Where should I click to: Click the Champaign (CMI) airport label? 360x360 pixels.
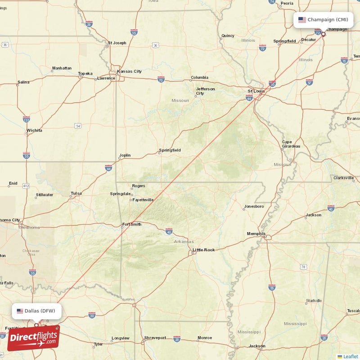328,20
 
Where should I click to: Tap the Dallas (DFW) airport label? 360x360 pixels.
40,311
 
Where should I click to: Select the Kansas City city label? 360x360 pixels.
129,71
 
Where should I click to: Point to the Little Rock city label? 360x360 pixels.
203,250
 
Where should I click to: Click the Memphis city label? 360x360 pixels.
256,234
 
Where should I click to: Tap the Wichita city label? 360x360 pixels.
34,130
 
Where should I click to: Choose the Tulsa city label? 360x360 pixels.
76,193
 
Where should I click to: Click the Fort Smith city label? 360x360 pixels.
131,224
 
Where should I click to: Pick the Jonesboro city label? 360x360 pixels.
254,207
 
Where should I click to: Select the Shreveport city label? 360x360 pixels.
155,337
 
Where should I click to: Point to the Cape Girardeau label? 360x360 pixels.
291,144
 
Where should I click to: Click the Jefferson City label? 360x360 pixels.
205,91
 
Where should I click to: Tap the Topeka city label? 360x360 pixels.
85,73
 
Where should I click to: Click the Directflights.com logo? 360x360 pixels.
33,337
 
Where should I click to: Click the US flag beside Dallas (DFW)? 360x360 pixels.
20,311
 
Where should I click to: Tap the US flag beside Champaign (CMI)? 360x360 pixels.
302,20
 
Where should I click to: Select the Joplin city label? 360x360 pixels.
125,155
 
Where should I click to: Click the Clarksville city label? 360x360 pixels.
344,178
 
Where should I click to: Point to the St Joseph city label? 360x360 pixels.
117,43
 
